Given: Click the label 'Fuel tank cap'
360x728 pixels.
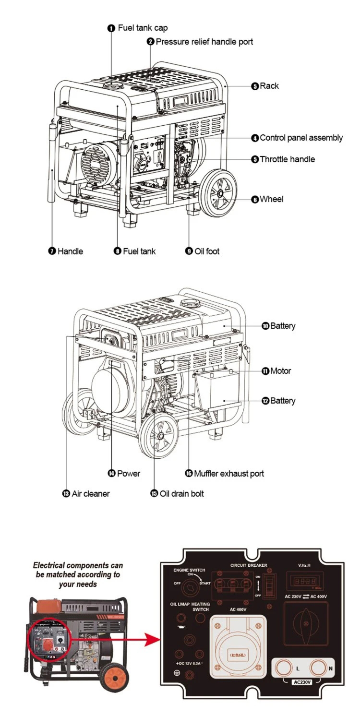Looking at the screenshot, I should click(143, 28).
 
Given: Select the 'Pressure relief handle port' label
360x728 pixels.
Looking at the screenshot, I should click(204, 42).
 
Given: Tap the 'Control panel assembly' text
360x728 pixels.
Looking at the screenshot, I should click(301, 138).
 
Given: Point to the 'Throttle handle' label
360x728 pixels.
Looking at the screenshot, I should click(287, 159).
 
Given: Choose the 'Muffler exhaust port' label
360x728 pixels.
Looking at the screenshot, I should click(228, 474).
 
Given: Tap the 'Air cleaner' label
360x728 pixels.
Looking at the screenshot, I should click(90, 493).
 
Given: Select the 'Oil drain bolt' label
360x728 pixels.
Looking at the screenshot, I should click(181, 493).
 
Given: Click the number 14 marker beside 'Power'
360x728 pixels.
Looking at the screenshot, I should click(112, 474).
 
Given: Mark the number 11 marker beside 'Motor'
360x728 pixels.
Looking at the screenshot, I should click(265, 371).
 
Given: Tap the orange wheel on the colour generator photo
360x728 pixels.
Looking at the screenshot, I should click(115, 678).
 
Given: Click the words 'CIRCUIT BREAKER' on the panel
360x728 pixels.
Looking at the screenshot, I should click(249, 565).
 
